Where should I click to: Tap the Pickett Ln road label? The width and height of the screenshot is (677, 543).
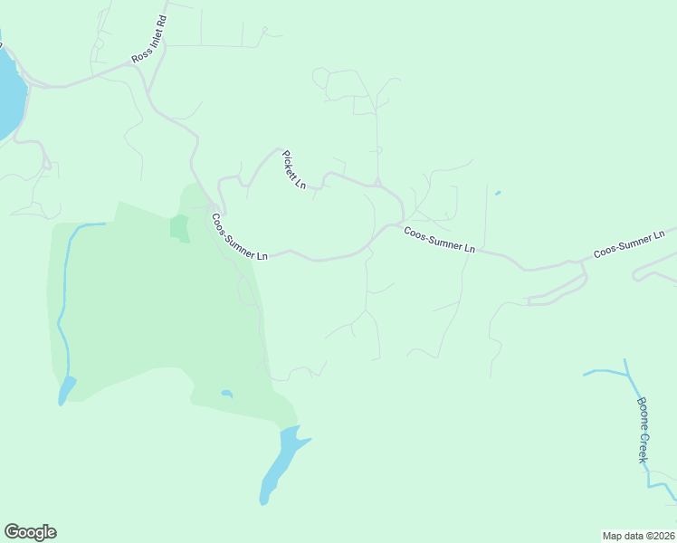[x=294, y=170]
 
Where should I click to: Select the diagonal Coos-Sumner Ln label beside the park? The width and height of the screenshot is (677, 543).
[x=239, y=237]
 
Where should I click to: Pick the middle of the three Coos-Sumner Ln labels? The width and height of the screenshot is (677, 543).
[x=439, y=240]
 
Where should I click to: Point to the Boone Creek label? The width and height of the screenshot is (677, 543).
[x=644, y=431]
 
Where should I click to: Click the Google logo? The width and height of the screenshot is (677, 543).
[x=30, y=532]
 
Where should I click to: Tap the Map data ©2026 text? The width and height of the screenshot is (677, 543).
[x=638, y=535]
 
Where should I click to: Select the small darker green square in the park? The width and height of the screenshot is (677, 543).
[x=179, y=227]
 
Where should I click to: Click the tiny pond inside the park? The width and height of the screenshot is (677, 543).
[x=226, y=394]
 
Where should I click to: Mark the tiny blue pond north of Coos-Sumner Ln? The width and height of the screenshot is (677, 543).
[x=497, y=192]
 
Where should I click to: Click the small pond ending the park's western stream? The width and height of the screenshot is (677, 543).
[x=66, y=391]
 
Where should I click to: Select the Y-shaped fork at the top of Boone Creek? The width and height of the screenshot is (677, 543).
[x=626, y=372]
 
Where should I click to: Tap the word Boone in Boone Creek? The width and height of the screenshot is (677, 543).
[x=642, y=413]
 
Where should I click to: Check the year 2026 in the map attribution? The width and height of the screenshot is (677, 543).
[x=660, y=535]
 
